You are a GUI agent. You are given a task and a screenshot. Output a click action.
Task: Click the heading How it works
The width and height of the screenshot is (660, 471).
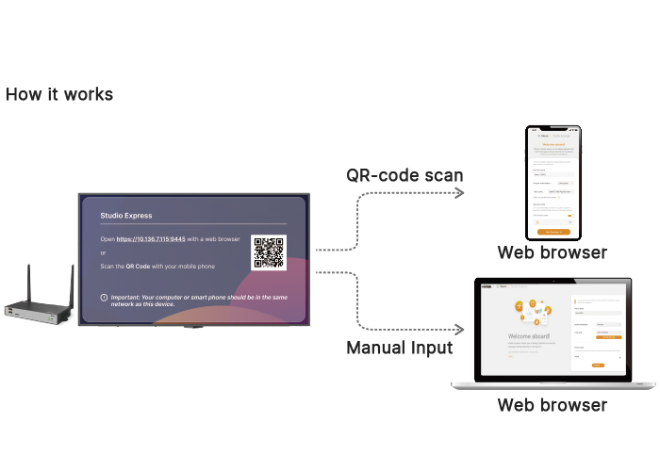[59, 94]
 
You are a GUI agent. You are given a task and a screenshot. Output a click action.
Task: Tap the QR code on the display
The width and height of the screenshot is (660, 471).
[269, 252]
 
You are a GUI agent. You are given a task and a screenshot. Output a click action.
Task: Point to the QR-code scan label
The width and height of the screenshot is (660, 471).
[404, 175]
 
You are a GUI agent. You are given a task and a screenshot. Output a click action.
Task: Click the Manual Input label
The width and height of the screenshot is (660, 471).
[399, 348]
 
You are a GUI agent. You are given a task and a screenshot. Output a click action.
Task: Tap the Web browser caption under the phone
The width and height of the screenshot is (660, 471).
[553, 252]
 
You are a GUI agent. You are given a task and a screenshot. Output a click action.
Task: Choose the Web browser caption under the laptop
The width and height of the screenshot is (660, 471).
[553, 405]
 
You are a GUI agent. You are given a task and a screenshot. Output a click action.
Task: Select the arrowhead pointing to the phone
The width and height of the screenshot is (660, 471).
[460, 193]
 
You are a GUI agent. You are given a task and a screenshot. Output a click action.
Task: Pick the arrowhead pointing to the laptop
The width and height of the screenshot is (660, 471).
[460, 331]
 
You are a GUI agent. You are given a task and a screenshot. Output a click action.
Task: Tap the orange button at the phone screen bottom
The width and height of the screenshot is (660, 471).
[553, 230]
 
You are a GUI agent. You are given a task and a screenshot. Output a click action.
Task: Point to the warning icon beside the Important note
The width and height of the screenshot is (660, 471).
[104, 298]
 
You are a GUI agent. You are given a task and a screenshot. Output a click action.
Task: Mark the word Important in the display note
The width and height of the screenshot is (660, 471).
[131, 298]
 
